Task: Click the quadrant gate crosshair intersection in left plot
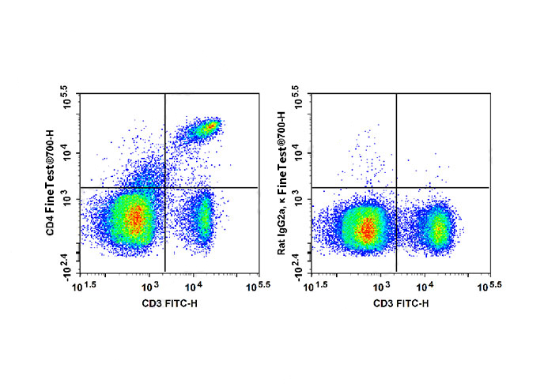[164, 187]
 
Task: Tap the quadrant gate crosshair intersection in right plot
[395, 187]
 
